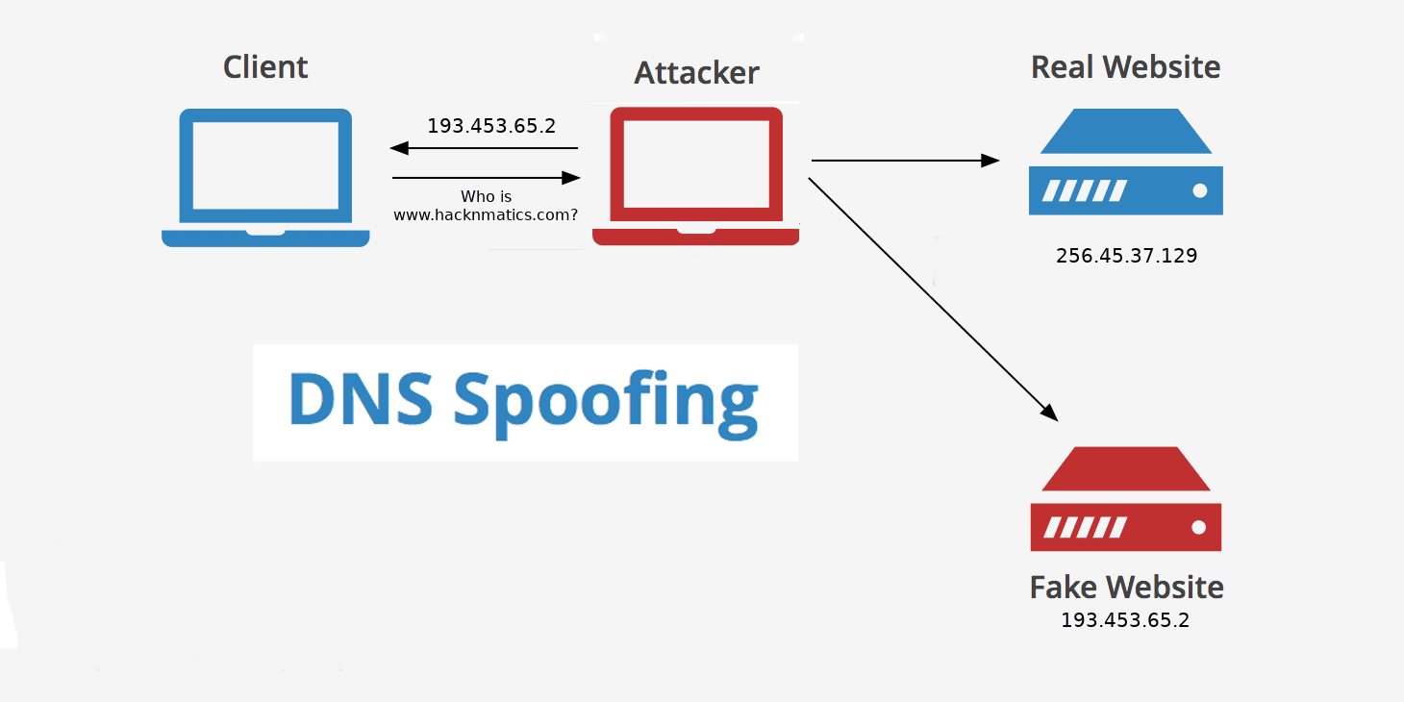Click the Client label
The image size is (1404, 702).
pos(265,67)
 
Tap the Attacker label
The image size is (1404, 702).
pos(696,73)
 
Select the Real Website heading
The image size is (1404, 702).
pos(1125,67)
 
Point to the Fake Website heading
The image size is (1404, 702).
pos(1126,587)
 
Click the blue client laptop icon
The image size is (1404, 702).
pos(265,178)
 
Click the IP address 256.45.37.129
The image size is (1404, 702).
pos(1126,256)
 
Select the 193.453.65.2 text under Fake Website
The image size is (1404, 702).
pos(1125,620)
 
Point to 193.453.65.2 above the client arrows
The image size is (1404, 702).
pos(491,126)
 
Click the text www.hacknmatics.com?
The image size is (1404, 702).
pos(486,215)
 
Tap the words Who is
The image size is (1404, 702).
pos(486,197)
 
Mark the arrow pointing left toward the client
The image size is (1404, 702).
pos(484,148)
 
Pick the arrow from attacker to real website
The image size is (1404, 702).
pos(905,161)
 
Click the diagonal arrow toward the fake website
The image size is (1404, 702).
pos(933,299)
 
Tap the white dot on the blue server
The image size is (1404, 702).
pos(1199,190)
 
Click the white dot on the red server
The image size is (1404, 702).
pos(1198,527)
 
